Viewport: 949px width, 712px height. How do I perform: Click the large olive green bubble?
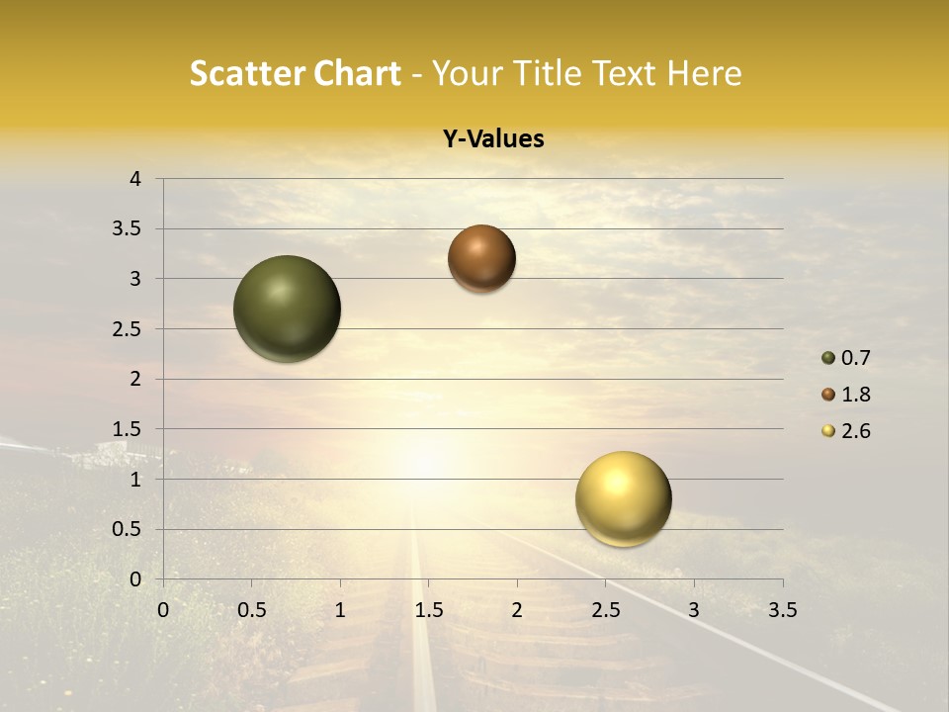click(288, 309)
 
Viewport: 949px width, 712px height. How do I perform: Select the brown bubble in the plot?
click(481, 258)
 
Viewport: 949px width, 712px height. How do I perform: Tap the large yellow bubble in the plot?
click(624, 498)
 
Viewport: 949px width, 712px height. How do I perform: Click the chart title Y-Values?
click(493, 139)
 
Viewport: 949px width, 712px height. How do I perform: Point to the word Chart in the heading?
click(357, 73)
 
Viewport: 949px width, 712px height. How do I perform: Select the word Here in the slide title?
click(704, 73)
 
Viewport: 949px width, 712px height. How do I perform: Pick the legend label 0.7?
click(855, 358)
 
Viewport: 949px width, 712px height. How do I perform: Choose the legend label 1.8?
click(855, 395)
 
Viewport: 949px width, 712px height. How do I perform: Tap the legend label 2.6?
click(855, 431)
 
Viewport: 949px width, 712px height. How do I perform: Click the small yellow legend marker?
click(828, 431)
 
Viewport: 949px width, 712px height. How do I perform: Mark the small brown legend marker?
click(828, 395)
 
